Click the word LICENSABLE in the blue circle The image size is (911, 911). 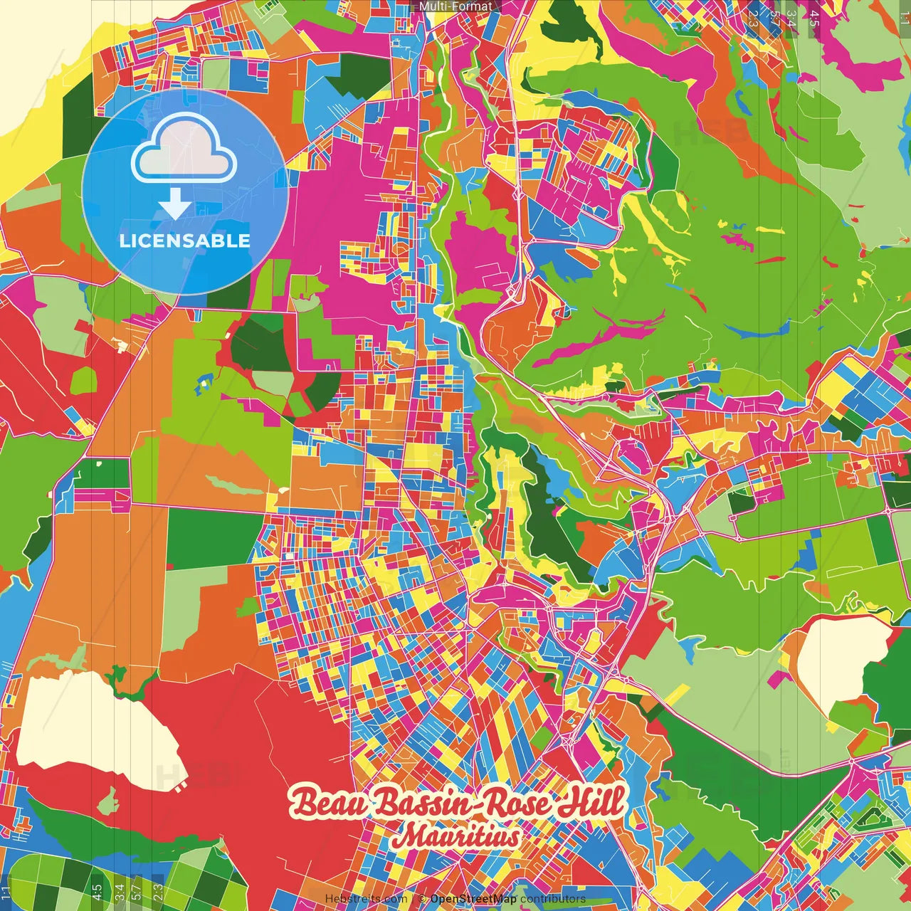click(184, 241)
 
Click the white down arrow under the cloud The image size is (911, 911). click(175, 205)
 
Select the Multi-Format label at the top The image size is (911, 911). click(455, 6)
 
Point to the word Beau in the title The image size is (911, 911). click(329, 804)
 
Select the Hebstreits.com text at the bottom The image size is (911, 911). click(366, 899)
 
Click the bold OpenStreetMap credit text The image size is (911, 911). click(473, 899)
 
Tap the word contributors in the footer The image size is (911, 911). click(553, 899)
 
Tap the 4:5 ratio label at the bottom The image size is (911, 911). click(97, 891)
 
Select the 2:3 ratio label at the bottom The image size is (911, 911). click(158, 891)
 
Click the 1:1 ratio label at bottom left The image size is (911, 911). click(6, 892)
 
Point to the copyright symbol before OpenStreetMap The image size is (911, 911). click(422, 899)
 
